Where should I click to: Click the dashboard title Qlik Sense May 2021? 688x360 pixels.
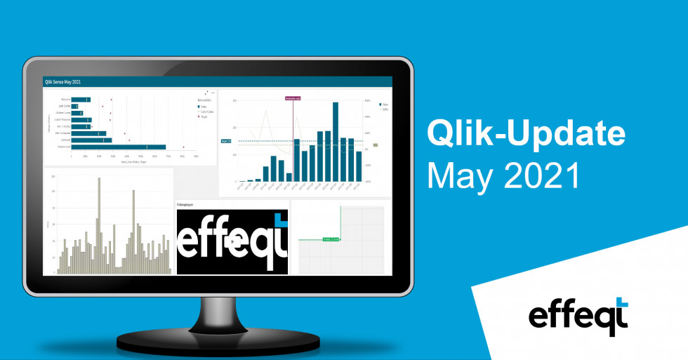coord(62,81)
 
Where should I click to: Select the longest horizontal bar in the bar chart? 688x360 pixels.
coord(119,147)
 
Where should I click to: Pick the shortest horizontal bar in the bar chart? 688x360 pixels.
coord(74,107)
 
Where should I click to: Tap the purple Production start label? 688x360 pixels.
coord(293,99)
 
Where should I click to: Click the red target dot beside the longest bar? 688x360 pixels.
coord(183,147)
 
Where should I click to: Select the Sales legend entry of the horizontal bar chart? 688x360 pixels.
coord(204,107)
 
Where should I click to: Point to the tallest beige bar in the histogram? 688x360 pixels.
coord(98,225)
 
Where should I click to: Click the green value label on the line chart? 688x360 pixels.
coord(331,239)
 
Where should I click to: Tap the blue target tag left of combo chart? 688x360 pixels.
coord(225,141)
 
